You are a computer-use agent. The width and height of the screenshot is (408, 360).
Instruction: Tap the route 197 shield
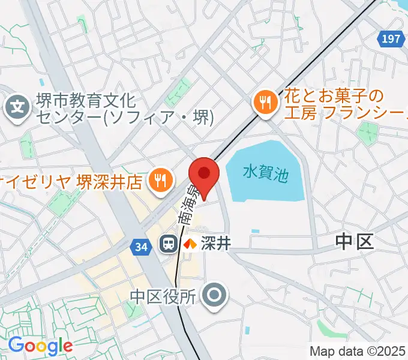pos(390,39)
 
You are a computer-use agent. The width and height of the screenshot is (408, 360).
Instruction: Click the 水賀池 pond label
pos(266,174)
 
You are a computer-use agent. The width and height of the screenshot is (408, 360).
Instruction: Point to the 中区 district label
pos(354,242)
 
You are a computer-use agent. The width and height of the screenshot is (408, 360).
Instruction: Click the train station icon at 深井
pos(168,244)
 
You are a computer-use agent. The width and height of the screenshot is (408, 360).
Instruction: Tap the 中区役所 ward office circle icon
pos(213,295)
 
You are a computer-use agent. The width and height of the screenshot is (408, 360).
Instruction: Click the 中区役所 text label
pos(163,296)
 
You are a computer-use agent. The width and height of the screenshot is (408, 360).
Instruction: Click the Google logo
pos(40,346)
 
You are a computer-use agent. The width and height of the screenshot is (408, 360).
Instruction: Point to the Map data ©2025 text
pos(358,351)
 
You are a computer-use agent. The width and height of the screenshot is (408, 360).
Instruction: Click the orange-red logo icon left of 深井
pos(190,244)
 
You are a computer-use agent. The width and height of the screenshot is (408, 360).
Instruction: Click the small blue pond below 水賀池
pos(256,231)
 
